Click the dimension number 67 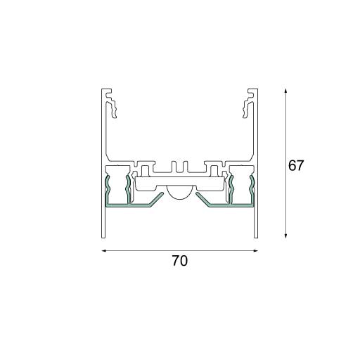[296, 167]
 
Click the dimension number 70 [180, 261]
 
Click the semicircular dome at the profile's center [179, 193]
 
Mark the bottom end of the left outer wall [102, 236]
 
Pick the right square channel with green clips [242, 187]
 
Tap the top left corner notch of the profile [105, 91]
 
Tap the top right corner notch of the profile [254, 91]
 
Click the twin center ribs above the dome [179, 167]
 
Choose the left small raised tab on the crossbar [143, 169]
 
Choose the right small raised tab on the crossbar [216, 169]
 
